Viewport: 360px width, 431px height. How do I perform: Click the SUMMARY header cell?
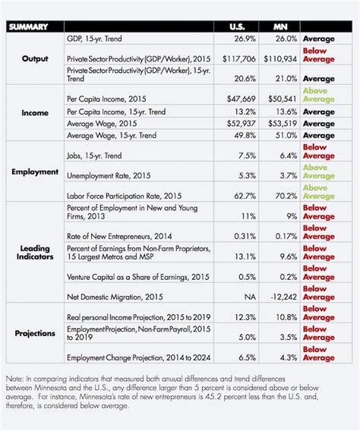[x=28, y=27]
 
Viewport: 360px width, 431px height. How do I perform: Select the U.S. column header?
[x=237, y=27]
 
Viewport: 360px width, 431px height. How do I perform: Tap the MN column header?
[x=280, y=27]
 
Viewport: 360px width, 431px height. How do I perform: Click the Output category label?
[x=35, y=58]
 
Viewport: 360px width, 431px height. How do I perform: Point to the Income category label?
[x=35, y=113]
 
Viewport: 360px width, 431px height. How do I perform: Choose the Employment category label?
[x=35, y=171]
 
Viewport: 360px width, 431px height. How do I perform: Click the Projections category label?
[x=35, y=333]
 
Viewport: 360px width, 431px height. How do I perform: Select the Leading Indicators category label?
[x=35, y=253]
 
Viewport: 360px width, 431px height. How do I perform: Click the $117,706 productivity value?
[x=239, y=59]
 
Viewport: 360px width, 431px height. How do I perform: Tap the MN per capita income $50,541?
[x=283, y=99]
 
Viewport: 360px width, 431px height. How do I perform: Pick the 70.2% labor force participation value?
[x=286, y=196]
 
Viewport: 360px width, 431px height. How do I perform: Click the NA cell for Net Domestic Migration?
[x=250, y=297]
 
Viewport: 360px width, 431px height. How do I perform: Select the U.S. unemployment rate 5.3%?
[x=248, y=175]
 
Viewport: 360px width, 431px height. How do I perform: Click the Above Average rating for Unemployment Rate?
[x=319, y=171]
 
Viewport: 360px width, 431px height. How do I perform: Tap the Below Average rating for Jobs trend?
[x=319, y=152]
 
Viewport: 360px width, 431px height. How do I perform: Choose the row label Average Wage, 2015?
[x=102, y=124]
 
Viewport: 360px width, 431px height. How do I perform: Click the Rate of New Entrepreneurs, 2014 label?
[x=119, y=237]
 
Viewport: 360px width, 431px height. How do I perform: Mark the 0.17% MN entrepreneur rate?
[x=286, y=237]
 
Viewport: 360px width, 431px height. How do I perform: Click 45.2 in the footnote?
[x=210, y=397]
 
